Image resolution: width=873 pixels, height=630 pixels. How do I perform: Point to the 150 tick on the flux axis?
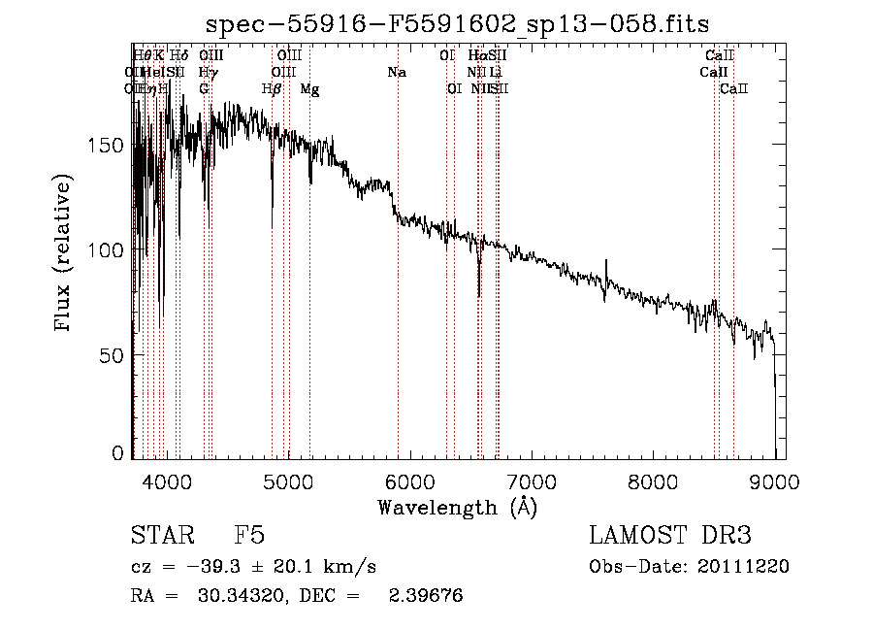[113, 145]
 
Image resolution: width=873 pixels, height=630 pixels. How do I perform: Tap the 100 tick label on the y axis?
[113, 249]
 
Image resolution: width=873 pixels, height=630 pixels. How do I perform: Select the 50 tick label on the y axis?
[117, 355]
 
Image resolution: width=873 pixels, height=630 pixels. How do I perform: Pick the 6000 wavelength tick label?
[408, 481]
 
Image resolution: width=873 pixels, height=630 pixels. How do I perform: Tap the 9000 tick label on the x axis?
[774, 481]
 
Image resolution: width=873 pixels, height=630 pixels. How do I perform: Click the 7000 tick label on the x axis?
[531, 481]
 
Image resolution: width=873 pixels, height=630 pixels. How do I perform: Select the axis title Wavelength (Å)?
[457, 507]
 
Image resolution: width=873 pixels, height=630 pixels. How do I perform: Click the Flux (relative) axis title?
[65, 254]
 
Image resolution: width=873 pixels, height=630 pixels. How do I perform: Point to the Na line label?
[396, 72]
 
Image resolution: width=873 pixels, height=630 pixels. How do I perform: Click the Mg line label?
[309, 88]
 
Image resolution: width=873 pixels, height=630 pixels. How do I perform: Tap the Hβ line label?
[272, 88]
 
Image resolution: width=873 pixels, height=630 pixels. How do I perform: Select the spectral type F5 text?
[249, 536]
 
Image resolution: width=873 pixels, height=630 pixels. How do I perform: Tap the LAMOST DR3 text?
[670, 536]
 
